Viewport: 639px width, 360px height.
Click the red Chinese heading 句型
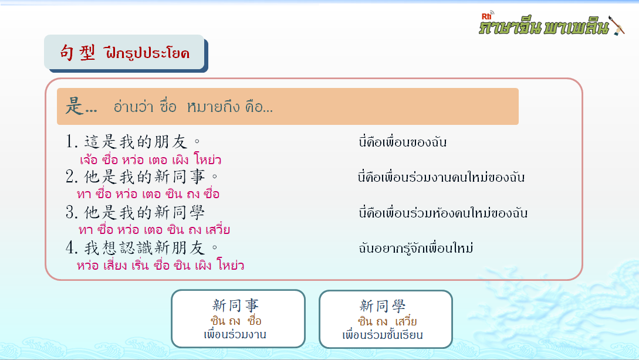[77, 53]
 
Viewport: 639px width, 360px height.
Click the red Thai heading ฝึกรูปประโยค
[147, 53]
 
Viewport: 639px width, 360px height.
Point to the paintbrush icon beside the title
[616, 25]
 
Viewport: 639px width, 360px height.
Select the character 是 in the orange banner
[75, 106]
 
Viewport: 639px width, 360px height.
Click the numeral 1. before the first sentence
[72, 142]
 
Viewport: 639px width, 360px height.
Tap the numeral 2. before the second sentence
[72, 176]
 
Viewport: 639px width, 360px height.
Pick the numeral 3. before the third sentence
[72, 212]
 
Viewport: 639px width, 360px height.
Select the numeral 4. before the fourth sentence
[72, 247]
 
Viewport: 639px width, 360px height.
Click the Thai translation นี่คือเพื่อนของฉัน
[403, 142]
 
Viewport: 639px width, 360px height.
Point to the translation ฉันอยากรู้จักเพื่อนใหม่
[415, 248]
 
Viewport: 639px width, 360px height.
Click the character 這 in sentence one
[92, 142]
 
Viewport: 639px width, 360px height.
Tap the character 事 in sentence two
[197, 176]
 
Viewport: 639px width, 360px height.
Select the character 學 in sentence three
[197, 212]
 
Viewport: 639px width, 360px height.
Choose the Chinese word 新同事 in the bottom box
[235, 305]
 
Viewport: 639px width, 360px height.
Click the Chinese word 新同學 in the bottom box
[383, 306]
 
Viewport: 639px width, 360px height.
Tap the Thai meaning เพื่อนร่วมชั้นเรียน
[383, 335]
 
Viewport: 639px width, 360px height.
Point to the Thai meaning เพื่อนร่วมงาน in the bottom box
[235, 334]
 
